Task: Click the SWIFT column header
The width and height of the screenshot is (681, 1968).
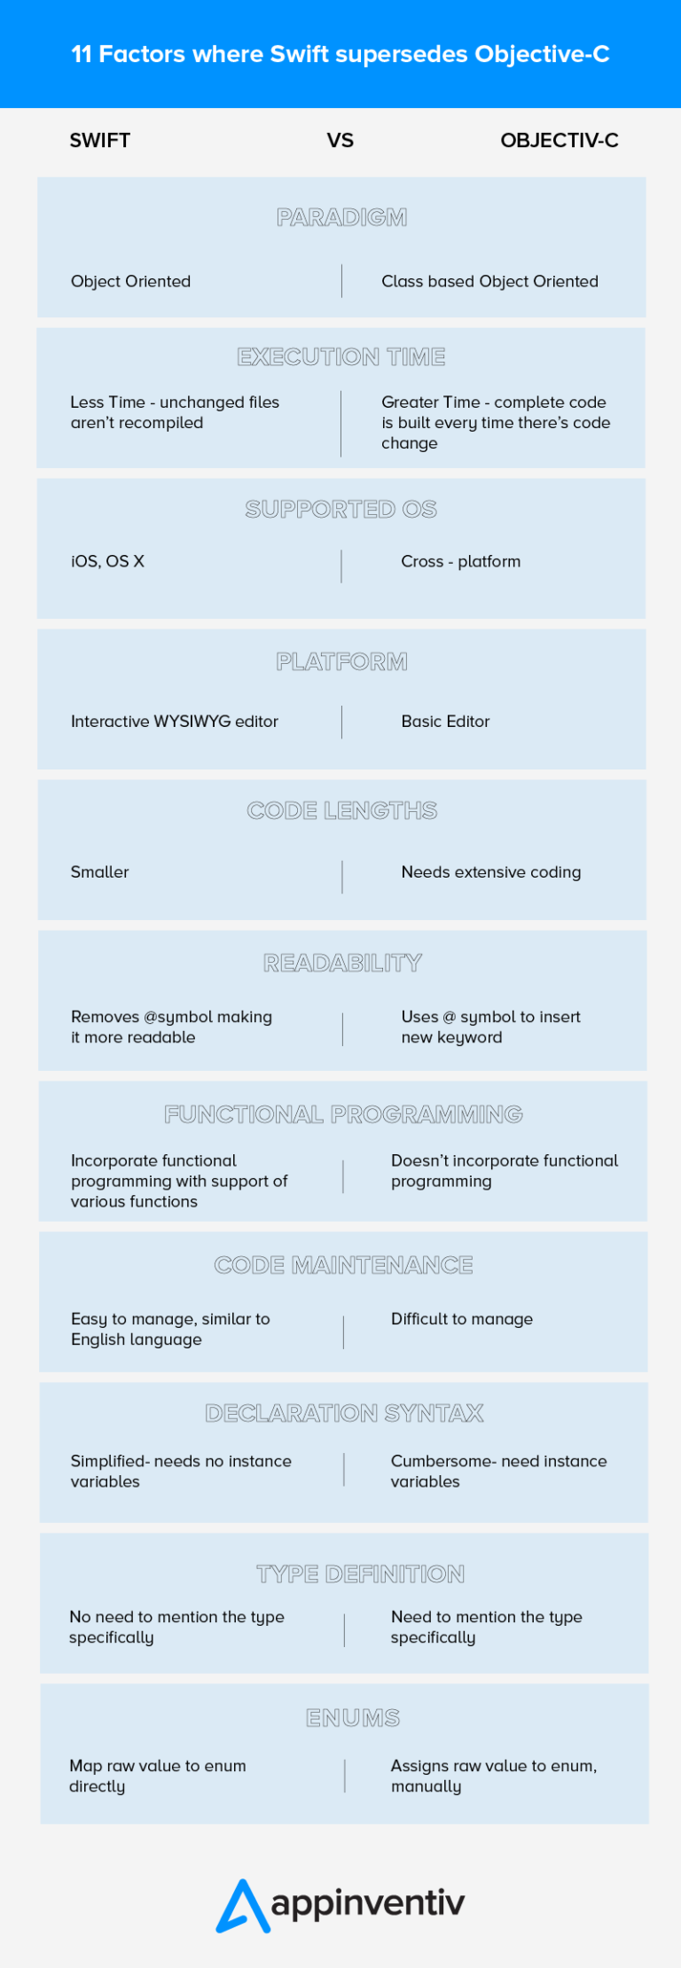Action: [x=99, y=140]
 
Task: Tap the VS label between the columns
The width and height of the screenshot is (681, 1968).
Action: [x=340, y=140]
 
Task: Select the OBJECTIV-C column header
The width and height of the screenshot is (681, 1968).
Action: [x=560, y=140]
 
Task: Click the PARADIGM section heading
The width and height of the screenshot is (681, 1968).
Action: [x=341, y=217]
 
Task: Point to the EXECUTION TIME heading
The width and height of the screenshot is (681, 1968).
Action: [x=341, y=356]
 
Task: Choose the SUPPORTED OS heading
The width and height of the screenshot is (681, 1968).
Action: [x=341, y=509]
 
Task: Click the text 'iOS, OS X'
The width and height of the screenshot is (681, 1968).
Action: [x=107, y=561]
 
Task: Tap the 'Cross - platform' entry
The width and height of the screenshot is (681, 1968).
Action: [x=461, y=561]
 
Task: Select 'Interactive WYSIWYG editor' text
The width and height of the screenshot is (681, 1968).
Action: [x=175, y=722]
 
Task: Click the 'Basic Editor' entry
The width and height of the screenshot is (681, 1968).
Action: [x=445, y=722]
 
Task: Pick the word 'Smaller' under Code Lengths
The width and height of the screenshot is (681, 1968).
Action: [x=100, y=872]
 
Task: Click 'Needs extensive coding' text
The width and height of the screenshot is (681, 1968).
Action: [x=491, y=872]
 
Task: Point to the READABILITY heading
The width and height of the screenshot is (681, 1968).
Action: [x=342, y=963]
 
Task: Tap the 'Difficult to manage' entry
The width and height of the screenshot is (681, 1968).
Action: [x=462, y=1319]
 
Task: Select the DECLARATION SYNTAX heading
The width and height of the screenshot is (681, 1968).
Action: [x=344, y=1413]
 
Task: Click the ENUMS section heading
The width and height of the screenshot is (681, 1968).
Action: [x=353, y=1718]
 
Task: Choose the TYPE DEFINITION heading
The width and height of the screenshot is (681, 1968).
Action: [x=360, y=1574]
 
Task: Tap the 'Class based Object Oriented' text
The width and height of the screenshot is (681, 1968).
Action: [x=489, y=281]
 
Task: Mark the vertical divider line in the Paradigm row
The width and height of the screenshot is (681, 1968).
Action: [x=341, y=281]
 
